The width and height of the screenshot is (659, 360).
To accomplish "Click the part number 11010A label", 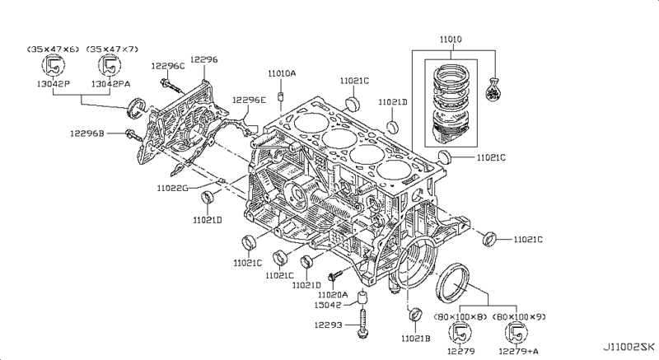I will [x=282, y=73].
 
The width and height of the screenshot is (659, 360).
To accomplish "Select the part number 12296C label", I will [x=168, y=65].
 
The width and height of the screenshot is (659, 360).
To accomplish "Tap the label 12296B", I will [x=86, y=133].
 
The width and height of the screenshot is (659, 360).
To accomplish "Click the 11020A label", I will [x=334, y=294].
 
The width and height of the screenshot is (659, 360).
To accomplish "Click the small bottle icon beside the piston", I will [x=493, y=91].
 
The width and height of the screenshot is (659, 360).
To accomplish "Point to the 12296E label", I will [x=249, y=100].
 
